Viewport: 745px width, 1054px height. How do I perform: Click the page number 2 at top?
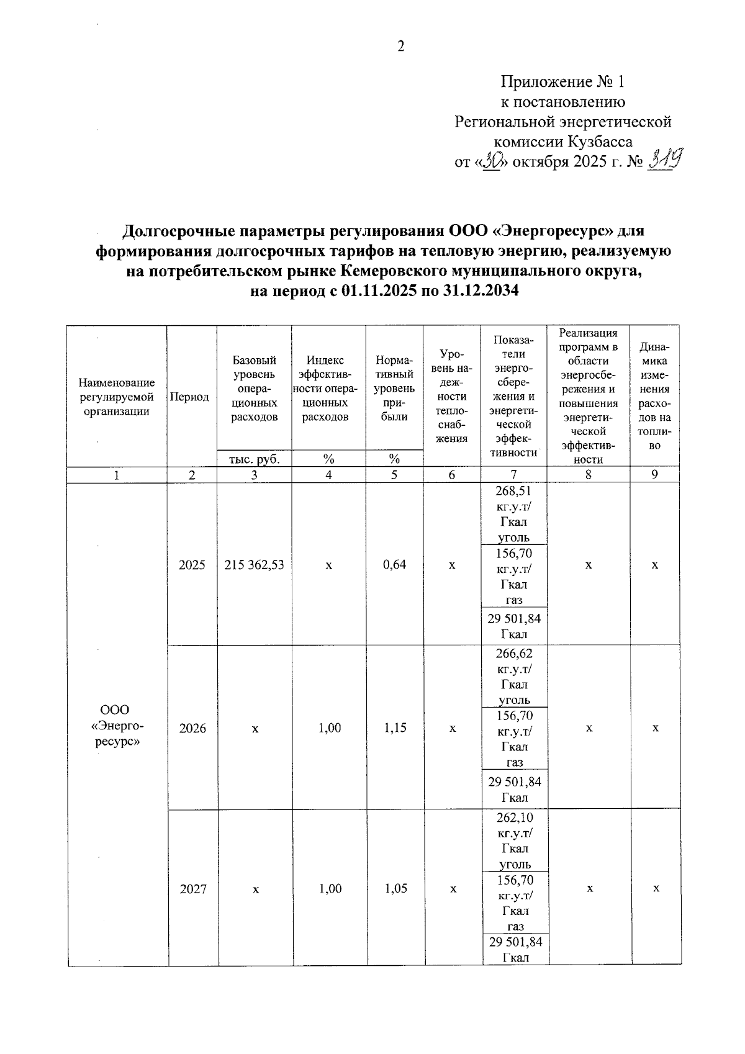[400, 47]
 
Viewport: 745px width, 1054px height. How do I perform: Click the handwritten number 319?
[664, 163]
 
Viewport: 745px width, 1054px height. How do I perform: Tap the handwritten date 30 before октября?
[494, 163]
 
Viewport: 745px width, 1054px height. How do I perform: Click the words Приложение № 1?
[562, 82]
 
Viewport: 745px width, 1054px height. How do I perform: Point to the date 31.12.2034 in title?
[482, 291]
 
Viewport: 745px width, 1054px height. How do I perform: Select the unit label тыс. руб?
[254, 459]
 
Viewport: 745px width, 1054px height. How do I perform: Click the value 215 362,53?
[254, 565]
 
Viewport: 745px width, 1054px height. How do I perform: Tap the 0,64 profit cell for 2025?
[394, 565]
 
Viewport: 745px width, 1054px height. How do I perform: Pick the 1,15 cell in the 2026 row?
[395, 727]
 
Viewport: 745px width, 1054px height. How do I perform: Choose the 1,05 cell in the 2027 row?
[396, 888]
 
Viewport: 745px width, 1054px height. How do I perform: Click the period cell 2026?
[192, 728]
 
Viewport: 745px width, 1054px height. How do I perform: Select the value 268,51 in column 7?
[513, 491]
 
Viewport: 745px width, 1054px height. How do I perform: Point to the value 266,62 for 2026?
[514, 654]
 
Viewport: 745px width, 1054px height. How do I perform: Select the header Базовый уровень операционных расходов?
[254, 389]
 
